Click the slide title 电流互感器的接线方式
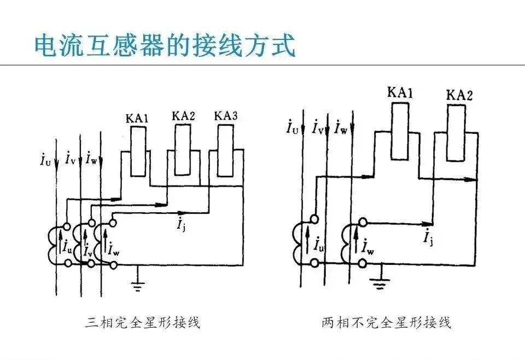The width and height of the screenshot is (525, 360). point(165,45)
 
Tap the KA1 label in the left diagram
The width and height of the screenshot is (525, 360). point(137,119)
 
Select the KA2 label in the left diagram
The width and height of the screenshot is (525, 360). point(183,116)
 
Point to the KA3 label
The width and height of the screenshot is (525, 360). point(226,116)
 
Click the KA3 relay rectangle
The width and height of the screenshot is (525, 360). point(226,151)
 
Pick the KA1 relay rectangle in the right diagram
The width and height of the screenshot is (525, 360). point(400,131)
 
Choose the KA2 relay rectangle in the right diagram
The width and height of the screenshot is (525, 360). point(456,133)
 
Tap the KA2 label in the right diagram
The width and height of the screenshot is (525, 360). point(459,95)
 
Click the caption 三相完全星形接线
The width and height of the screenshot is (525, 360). point(143,322)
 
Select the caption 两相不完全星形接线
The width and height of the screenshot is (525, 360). point(387,322)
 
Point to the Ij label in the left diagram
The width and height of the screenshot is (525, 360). point(182,224)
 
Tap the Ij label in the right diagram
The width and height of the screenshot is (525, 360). point(428,236)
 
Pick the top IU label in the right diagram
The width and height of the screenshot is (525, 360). point(292,127)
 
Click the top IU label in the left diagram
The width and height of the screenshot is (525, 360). point(45,160)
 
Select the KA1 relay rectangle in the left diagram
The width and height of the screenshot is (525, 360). point(138,152)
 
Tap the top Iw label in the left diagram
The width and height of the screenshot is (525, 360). point(91,158)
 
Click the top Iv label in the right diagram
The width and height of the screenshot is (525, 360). point(317,127)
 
